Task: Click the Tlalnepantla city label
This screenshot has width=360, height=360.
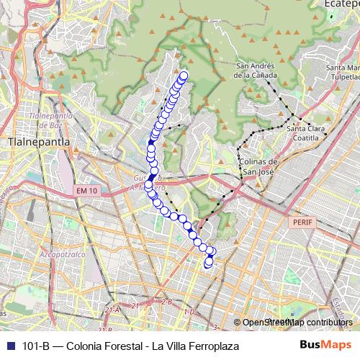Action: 37,142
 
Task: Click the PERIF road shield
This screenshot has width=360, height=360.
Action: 302,222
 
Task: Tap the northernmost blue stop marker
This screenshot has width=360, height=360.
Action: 184,75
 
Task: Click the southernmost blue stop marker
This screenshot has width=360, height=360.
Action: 208,264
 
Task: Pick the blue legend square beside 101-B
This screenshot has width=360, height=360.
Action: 10,346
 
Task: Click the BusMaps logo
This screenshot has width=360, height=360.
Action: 326,346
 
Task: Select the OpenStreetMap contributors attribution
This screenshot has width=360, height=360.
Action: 297,323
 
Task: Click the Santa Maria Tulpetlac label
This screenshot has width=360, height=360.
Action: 343,73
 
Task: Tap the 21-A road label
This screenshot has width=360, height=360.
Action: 112,310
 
